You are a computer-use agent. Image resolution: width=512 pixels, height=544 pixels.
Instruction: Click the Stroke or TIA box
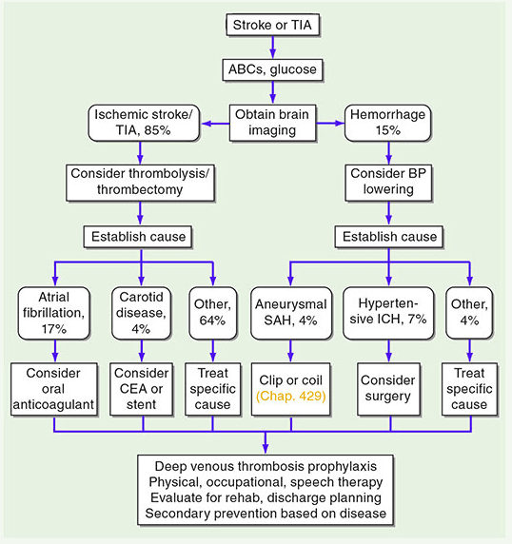click(x=272, y=25)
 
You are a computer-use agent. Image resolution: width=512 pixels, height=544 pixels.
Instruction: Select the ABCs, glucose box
click(x=272, y=69)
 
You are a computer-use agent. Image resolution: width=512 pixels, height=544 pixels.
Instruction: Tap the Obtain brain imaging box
click(x=272, y=123)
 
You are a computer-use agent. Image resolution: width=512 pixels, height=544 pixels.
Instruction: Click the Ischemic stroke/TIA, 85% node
click(x=144, y=123)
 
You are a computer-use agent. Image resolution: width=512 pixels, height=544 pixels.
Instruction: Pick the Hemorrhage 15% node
click(x=387, y=123)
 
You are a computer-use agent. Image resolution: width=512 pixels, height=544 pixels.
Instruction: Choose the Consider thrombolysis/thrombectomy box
click(x=140, y=183)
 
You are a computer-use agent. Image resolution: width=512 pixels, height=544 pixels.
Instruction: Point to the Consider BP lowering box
click(x=388, y=183)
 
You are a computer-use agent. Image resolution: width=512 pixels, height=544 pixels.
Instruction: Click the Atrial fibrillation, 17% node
click(x=54, y=313)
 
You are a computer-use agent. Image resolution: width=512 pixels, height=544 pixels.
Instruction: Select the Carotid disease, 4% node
click(x=141, y=313)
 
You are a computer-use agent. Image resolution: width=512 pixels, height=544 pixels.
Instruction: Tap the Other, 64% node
click(x=213, y=313)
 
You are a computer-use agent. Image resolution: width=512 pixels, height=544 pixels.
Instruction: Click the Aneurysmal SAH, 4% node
click(x=291, y=313)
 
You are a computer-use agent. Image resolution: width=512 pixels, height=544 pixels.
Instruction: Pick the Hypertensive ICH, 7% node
click(x=388, y=313)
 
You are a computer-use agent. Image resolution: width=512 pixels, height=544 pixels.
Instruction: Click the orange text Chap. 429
click(x=291, y=397)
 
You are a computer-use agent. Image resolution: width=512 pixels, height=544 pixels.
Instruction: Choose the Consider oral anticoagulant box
click(x=53, y=389)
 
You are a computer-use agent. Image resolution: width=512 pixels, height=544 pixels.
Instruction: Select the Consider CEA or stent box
click(x=141, y=389)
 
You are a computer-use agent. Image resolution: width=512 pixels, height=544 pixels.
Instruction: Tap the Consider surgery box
click(x=388, y=389)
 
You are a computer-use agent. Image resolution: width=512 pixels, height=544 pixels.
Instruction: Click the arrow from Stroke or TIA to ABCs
click(x=272, y=48)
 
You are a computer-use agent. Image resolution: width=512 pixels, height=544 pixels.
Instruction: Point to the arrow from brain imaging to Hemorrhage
click(x=330, y=124)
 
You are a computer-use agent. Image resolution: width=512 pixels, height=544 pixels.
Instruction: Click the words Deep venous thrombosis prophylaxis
click(x=266, y=466)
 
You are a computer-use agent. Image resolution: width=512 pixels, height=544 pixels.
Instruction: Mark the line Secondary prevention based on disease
click(x=266, y=514)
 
